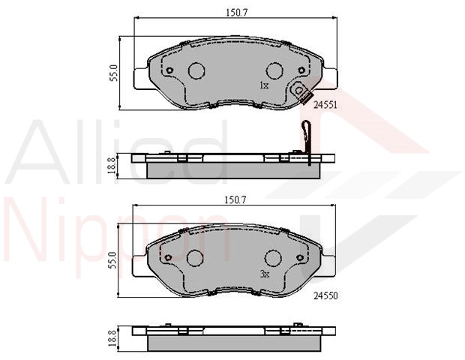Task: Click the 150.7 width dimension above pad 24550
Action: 235,199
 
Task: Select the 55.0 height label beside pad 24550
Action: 113,260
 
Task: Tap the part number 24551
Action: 325,105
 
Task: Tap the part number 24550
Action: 325,295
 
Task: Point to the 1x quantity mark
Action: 264,85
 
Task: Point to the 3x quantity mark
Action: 265,274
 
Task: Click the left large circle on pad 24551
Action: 196,70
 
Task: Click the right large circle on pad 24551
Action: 274,70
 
